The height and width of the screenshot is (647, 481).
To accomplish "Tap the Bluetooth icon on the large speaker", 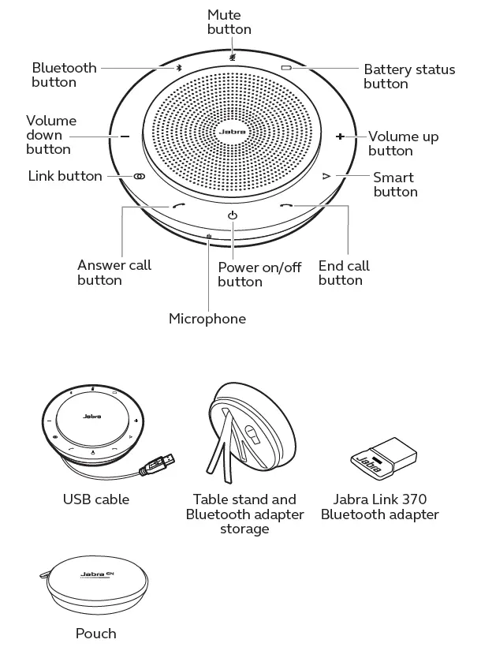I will click(x=179, y=68).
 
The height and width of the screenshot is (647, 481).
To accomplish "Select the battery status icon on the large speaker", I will click(x=286, y=68).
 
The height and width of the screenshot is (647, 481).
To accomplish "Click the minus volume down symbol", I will click(x=125, y=137).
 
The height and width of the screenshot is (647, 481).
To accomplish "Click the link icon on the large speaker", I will click(x=139, y=177).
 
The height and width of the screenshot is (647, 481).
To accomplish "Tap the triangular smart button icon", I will click(x=325, y=178).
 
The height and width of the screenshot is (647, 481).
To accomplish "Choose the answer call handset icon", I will click(x=178, y=208).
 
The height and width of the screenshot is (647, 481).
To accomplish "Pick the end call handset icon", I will click(x=286, y=208).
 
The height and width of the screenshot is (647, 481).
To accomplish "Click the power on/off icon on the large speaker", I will click(x=232, y=215).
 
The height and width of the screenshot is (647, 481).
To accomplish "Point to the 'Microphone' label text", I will click(x=207, y=319).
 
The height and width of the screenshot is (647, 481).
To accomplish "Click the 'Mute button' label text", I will click(x=229, y=22).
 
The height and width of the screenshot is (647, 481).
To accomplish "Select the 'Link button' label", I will click(x=65, y=176).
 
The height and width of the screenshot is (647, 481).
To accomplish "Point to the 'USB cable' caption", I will click(x=95, y=499).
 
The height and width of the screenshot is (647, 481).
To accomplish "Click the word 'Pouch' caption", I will click(x=95, y=633).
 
